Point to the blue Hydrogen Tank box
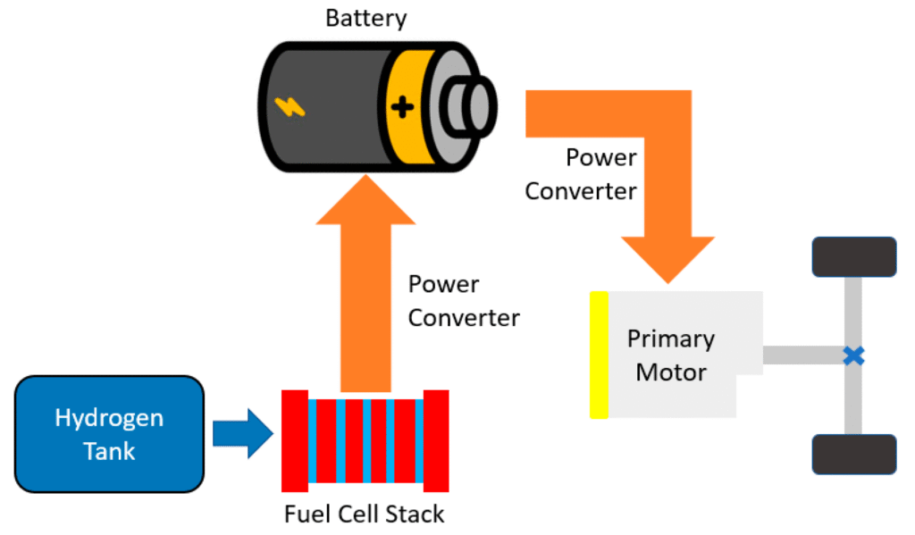[109, 434]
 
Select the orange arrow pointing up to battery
[366, 286]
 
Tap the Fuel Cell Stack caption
[364, 514]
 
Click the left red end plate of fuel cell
[295, 440]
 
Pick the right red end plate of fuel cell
[436, 440]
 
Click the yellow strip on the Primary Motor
[599, 355]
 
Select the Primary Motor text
[671, 355]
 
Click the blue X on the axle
[854, 355]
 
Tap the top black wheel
[853, 256]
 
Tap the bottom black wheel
[853, 454]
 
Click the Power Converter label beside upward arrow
[463, 301]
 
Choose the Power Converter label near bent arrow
[581, 174]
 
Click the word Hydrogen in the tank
[109, 418]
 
